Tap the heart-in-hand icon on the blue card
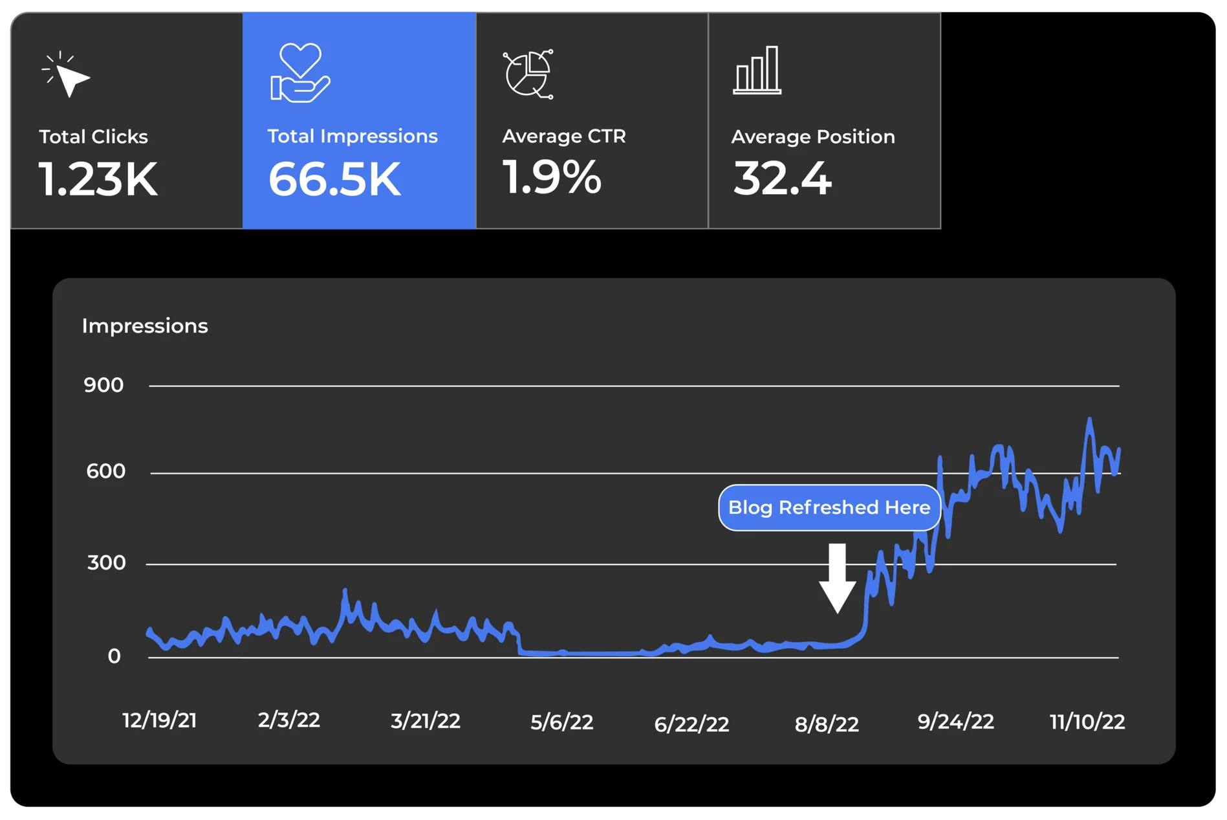click(299, 72)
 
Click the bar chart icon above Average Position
click(757, 71)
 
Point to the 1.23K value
click(98, 179)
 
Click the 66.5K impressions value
click(334, 179)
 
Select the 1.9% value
click(552, 177)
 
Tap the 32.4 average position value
click(782, 179)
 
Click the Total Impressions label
click(353, 136)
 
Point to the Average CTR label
click(564, 136)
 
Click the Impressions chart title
click(145, 326)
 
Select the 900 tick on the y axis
click(103, 385)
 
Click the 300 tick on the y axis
click(107, 562)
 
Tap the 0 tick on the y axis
click(114, 656)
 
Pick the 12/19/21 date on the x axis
click(160, 720)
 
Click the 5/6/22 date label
click(562, 722)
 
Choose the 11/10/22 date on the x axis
click(1087, 722)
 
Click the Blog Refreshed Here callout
click(829, 507)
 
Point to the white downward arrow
click(838, 578)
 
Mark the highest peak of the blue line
click(1090, 419)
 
